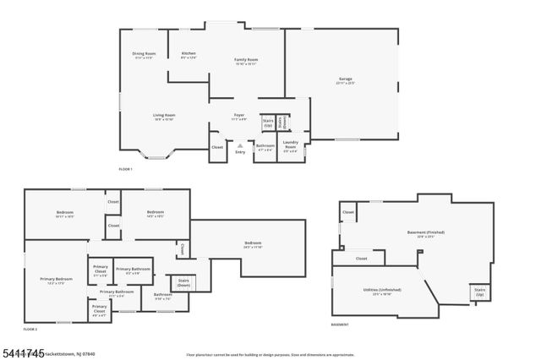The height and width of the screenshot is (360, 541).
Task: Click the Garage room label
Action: [345, 80]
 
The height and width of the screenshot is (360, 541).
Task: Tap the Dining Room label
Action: [144, 56]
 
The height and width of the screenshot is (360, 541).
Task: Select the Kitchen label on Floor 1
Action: [189, 56]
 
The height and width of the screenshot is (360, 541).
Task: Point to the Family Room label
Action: [246, 61]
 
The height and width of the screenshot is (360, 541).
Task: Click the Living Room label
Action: [163, 117]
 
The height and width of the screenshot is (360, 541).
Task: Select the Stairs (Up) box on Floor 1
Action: [268, 123]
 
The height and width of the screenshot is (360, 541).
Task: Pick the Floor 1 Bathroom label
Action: [265, 147]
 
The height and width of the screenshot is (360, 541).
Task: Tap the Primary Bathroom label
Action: [133, 270]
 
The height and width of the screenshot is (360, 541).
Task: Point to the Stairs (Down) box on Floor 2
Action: [183, 283]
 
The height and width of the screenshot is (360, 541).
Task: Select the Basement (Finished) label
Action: [425, 234]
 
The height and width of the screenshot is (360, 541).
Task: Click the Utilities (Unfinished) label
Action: [381, 291]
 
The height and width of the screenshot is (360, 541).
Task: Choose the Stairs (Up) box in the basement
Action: [479, 292]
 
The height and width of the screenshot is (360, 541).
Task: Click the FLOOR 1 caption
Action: [126, 170]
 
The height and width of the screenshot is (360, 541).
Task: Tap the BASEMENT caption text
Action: [340, 325]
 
